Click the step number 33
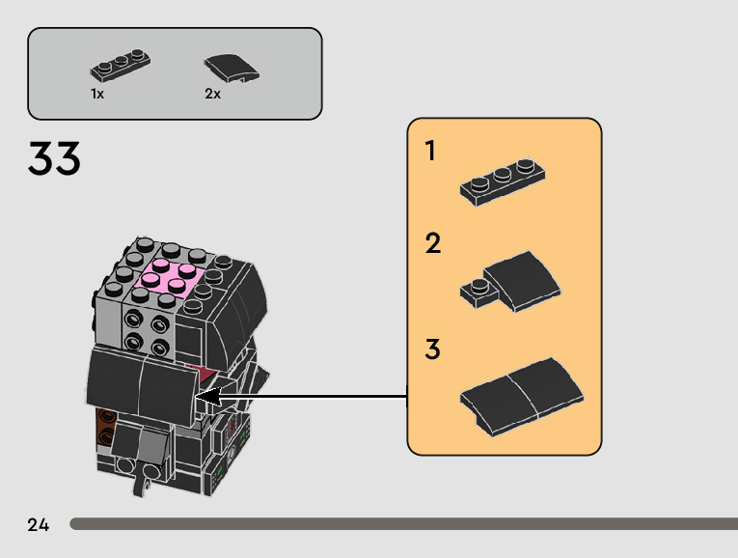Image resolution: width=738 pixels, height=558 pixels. click(x=54, y=159)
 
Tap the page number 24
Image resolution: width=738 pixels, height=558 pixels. click(x=39, y=524)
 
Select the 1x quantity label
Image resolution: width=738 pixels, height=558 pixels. click(x=97, y=94)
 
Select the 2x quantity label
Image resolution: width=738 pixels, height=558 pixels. click(x=212, y=94)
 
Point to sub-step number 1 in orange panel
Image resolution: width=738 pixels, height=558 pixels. click(x=431, y=152)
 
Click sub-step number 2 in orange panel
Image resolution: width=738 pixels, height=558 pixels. click(x=433, y=243)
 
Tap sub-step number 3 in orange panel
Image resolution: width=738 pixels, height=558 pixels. click(x=432, y=349)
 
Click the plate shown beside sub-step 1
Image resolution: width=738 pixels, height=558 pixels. click(x=504, y=181)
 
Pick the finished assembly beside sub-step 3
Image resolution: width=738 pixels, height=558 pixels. click(x=522, y=392)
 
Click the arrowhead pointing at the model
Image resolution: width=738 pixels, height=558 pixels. click(x=207, y=396)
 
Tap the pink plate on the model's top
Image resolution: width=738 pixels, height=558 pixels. click(x=170, y=278)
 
